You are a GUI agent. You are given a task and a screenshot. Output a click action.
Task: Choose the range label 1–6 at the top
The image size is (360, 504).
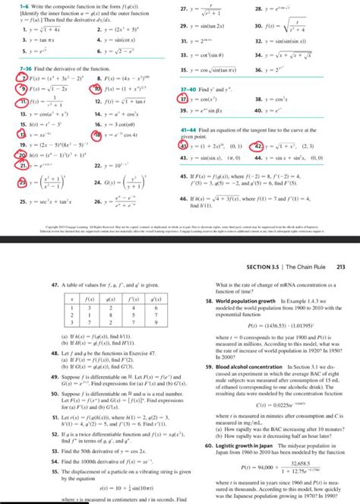coord(8,6)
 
